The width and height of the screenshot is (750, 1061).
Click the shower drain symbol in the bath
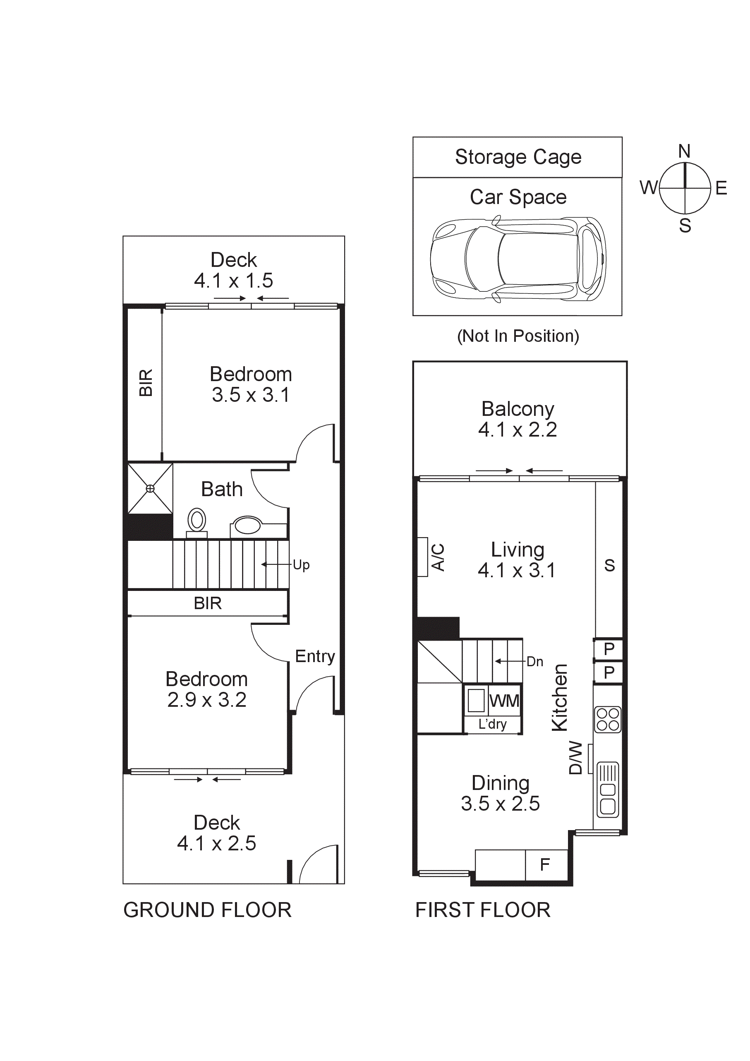coord(150,488)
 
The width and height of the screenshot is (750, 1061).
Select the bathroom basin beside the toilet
coord(248,526)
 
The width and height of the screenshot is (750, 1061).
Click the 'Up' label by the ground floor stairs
coord(301,565)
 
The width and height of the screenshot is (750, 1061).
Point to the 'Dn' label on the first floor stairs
coord(534,662)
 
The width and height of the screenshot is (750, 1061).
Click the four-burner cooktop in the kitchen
coord(608,720)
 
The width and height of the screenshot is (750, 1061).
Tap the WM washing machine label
coord(505,701)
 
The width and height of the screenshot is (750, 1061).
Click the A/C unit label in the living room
coord(438,557)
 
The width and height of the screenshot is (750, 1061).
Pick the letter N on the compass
coord(684,151)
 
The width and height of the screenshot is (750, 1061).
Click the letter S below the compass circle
coord(685,226)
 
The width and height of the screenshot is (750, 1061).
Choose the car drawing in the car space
coord(518,259)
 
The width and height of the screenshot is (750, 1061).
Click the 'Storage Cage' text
coord(518,157)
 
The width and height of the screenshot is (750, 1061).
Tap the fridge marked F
coord(545,864)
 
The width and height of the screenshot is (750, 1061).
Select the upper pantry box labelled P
coord(609,649)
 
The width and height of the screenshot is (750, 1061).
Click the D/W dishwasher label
coord(575,758)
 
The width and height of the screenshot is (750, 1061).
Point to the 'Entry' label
coord(315,656)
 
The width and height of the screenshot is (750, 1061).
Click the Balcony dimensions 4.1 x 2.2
coord(518,430)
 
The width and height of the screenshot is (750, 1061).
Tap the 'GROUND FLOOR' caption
coord(208,910)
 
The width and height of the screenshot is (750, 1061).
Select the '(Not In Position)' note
coord(518,336)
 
